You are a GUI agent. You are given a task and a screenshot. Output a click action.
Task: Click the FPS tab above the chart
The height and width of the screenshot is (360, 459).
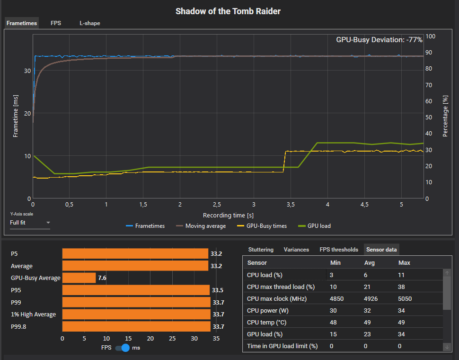pos(56,23)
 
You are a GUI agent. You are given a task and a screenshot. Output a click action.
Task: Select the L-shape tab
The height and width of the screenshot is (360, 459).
pos(89,23)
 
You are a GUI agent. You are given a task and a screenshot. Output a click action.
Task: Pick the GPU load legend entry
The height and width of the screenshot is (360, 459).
pos(314,226)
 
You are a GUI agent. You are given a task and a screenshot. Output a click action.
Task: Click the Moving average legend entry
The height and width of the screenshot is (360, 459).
pos(201,226)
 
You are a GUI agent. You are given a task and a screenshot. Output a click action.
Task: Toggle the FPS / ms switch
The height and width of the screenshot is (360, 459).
pos(123,348)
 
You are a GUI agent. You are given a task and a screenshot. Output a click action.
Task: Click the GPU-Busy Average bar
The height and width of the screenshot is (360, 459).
pos(79,278)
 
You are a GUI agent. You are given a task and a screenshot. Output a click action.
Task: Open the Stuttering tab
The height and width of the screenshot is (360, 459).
pos(261,250)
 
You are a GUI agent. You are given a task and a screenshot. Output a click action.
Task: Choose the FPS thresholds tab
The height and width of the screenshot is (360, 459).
pos(338,250)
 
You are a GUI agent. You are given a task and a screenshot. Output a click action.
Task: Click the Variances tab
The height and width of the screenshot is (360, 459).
pos(296,250)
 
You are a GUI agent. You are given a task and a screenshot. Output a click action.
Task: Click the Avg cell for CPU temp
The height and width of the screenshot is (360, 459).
pos(369,323)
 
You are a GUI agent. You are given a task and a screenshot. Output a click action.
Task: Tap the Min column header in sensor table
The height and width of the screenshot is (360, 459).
pos(335,262)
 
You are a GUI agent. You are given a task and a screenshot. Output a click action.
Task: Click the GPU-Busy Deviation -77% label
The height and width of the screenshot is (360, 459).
pos(379,40)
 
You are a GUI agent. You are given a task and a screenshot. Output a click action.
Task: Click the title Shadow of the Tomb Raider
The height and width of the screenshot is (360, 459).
pos(228,11)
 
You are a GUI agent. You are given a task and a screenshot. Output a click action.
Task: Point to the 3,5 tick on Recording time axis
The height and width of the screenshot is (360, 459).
pos(291,205)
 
